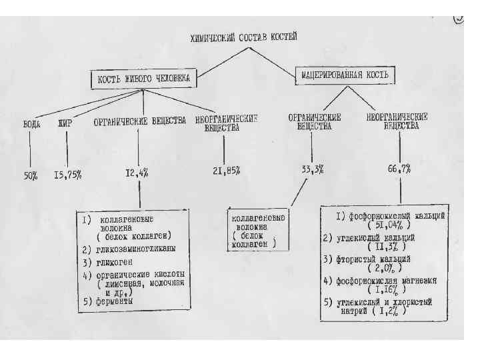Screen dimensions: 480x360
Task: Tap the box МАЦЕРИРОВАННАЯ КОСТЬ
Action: [x=341, y=75]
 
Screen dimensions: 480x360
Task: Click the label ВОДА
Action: [x=31, y=123]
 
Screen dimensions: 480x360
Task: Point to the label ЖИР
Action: [x=65, y=123]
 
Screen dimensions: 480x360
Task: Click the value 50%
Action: [x=31, y=175]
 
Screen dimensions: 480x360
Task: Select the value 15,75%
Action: [x=68, y=175]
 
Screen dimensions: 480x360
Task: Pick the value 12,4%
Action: [x=137, y=173]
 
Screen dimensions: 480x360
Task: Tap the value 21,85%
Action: [x=227, y=171]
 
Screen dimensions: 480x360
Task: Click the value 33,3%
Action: [x=312, y=169]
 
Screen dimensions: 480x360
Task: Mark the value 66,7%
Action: [x=399, y=169]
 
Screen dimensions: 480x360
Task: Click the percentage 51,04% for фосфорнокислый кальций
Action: [x=390, y=225]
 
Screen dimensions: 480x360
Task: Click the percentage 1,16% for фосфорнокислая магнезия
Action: [x=387, y=290]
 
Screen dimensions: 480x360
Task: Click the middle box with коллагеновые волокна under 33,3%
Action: [x=257, y=230]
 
